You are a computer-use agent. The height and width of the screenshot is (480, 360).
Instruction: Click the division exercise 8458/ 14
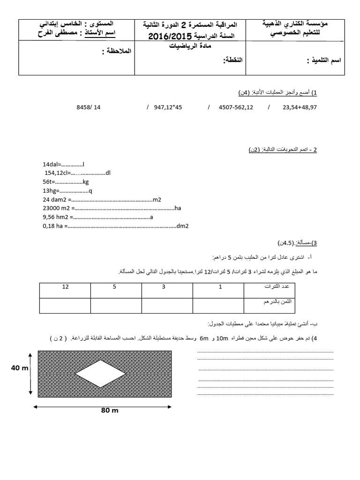pyautogui.click(x=88, y=107)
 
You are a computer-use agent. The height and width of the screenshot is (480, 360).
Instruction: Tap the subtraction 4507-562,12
pyautogui.click(x=236, y=107)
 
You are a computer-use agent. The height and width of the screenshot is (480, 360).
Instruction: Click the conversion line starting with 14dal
pyautogui.click(x=63, y=165)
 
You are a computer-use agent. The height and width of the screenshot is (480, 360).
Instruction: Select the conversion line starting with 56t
pyautogui.click(x=66, y=182)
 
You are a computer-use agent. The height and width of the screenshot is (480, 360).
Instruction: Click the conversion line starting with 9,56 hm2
pyautogui.click(x=98, y=217)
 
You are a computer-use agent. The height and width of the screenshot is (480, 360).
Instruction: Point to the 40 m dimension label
pyautogui.click(x=20, y=368)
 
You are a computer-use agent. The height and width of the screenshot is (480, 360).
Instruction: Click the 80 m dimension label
pyautogui.click(x=110, y=411)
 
